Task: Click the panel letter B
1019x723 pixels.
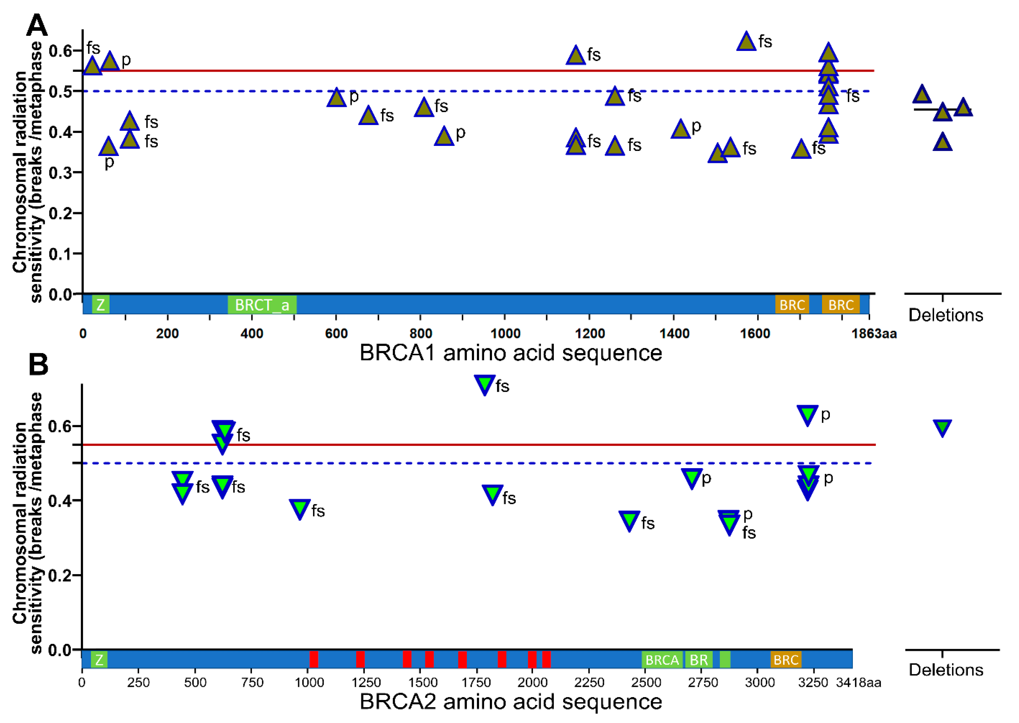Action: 38,365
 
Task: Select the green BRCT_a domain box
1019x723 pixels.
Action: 262,305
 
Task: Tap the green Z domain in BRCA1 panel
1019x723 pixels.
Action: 101,305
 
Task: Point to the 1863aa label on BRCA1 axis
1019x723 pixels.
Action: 873,334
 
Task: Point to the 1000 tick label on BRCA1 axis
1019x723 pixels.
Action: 505,334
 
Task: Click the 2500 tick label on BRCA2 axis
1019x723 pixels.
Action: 646,682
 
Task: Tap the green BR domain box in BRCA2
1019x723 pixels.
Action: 699,659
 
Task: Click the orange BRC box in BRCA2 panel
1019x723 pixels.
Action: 786,659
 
